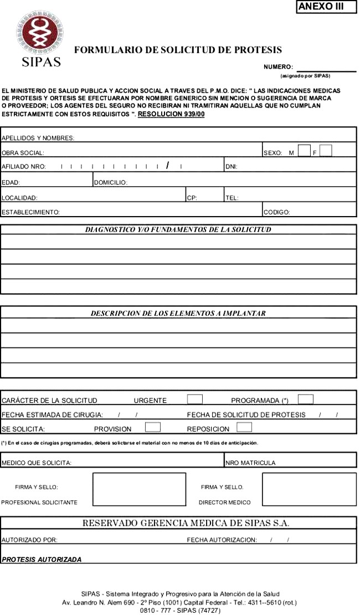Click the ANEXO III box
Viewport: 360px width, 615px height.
pyautogui.click(x=326, y=7)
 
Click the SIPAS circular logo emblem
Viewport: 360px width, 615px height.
pyautogui.click(x=39, y=34)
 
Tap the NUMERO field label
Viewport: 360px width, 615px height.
pyautogui.click(x=279, y=67)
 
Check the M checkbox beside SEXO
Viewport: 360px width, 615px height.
pyautogui.click(x=304, y=150)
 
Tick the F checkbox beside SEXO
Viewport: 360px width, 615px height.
pyautogui.click(x=326, y=150)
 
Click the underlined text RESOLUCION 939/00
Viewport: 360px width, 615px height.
pyautogui.click(x=171, y=114)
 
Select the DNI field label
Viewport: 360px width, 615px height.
pyautogui.click(x=232, y=167)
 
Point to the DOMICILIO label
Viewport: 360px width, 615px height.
pyautogui.click(x=111, y=182)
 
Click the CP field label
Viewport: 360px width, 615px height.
pyautogui.click(x=192, y=197)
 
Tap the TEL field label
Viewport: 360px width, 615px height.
pyautogui.click(x=232, y=197)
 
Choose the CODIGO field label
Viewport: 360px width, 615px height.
pyautogui.click(x=277, y=212)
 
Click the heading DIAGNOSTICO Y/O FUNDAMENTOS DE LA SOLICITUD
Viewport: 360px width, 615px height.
pyautogui.click(x=178, y=229)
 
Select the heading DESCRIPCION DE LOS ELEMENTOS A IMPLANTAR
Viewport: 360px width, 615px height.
pyautogui.click(x=178, y=313)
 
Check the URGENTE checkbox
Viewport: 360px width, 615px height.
pyautogui.click(x=195, y=399)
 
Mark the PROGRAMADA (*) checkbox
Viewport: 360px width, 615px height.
pyautogui.click(x=306, y=399)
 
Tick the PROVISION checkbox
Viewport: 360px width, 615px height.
pyautogui.click(x=153, y=427)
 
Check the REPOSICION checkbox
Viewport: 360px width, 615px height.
pyautogui.click(x=244, y=427)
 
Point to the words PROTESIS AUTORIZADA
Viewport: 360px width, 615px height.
pyautogui.click(x=42, y=560)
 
